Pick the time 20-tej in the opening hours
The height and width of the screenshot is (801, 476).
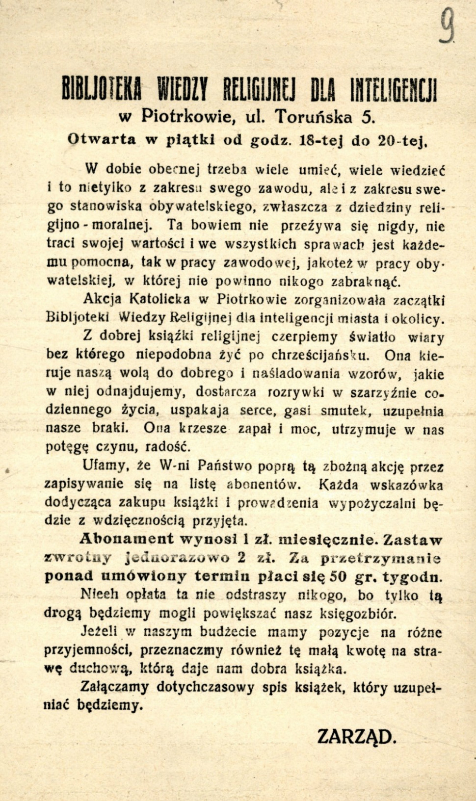(x=400, y=140)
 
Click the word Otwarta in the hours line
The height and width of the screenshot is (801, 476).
(x=102, y=139)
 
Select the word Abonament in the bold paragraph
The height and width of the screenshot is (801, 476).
(x=126, y=539)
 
